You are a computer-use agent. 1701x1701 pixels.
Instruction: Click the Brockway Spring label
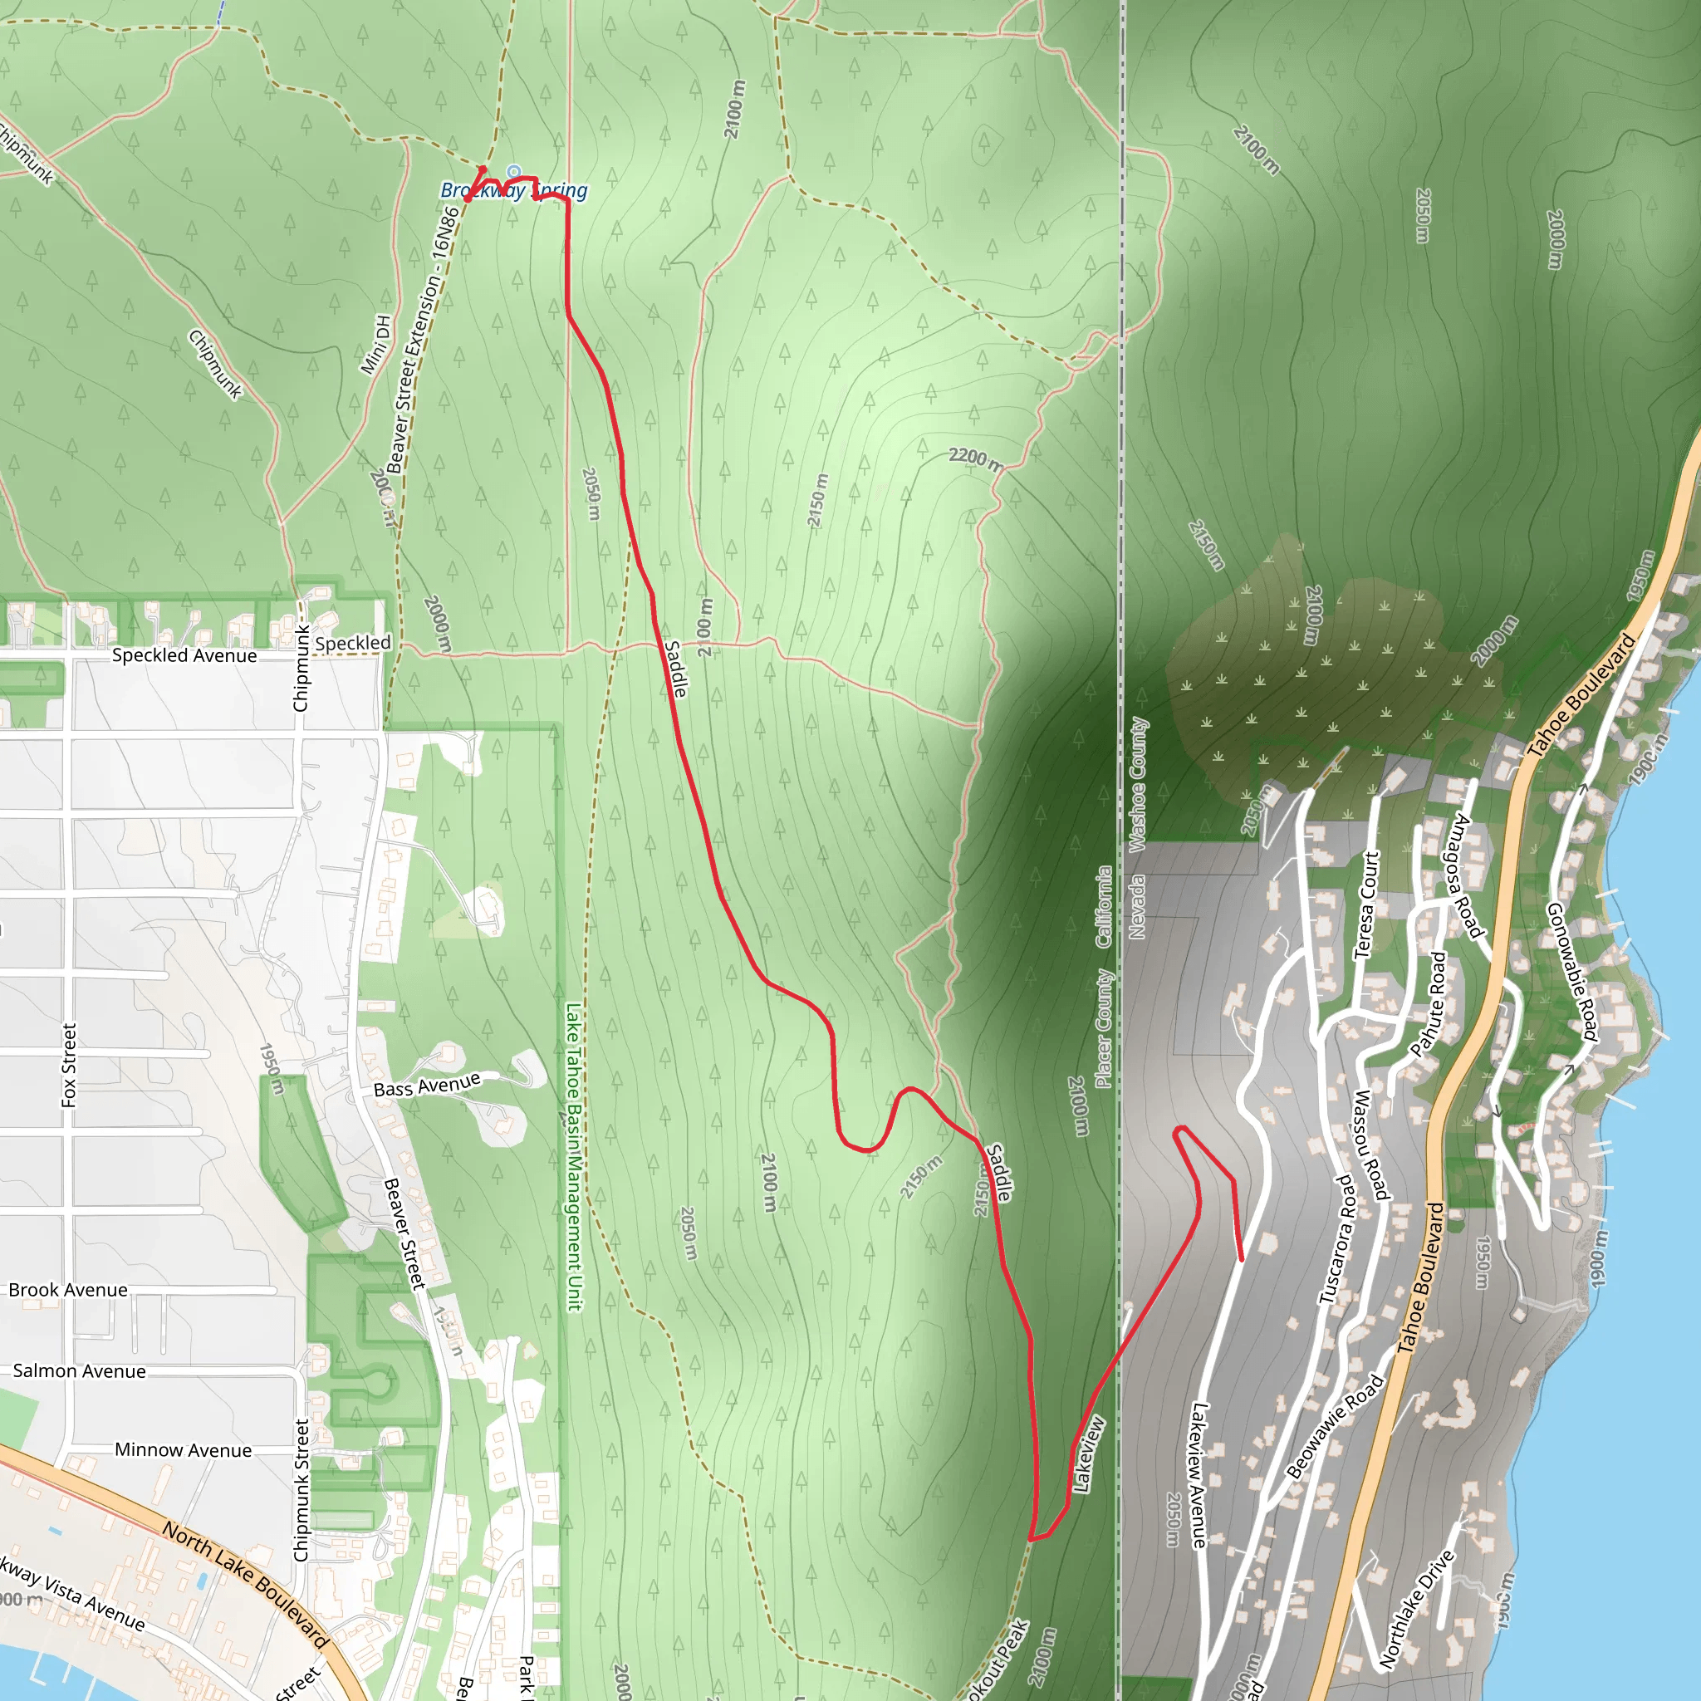pyautogui.click(x=514, y=190)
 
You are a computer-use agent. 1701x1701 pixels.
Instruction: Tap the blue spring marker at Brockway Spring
pyautogui.click(x=514, y=173)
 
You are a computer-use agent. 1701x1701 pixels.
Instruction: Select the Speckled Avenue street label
pyautogui.click(x=185, y=655)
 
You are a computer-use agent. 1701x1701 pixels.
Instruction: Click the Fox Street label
pyautogui.click(x=70, y=1065)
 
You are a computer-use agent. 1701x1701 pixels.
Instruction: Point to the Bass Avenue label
pyautogui.click(x=427, y=1085)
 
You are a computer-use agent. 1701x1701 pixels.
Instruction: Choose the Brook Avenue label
pyautogui.click(x=68, y=1290)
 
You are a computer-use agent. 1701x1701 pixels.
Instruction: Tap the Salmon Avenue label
pyautogui.click(x=79, y=1370)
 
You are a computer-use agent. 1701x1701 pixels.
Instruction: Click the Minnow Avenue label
pyautogui.click(x=183, y=1450)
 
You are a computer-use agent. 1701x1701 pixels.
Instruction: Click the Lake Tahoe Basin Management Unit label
pyautogui.click(x=574, y=1157)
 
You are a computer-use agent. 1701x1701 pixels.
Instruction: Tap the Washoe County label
pyautogui.click(x=1139, y=783)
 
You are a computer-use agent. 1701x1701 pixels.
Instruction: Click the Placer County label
pyautogui.click(x=1104, y=1028)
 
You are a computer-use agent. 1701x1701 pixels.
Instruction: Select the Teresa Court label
pyautogui.click(x=1365, y=904)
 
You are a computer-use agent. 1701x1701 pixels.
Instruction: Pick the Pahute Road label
pyautogui.click(x=1428, y=1002)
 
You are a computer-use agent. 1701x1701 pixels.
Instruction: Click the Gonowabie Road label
pyautogui.click(x=1572, y=971)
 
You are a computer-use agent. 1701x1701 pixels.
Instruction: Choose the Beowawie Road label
pyautogui.click(x=1335, y=1427)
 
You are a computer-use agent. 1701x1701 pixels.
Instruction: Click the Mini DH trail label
pyautogui.click(x=376, y=344)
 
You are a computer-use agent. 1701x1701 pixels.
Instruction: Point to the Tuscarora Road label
pyautogui.click(x=1335, y=1238)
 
